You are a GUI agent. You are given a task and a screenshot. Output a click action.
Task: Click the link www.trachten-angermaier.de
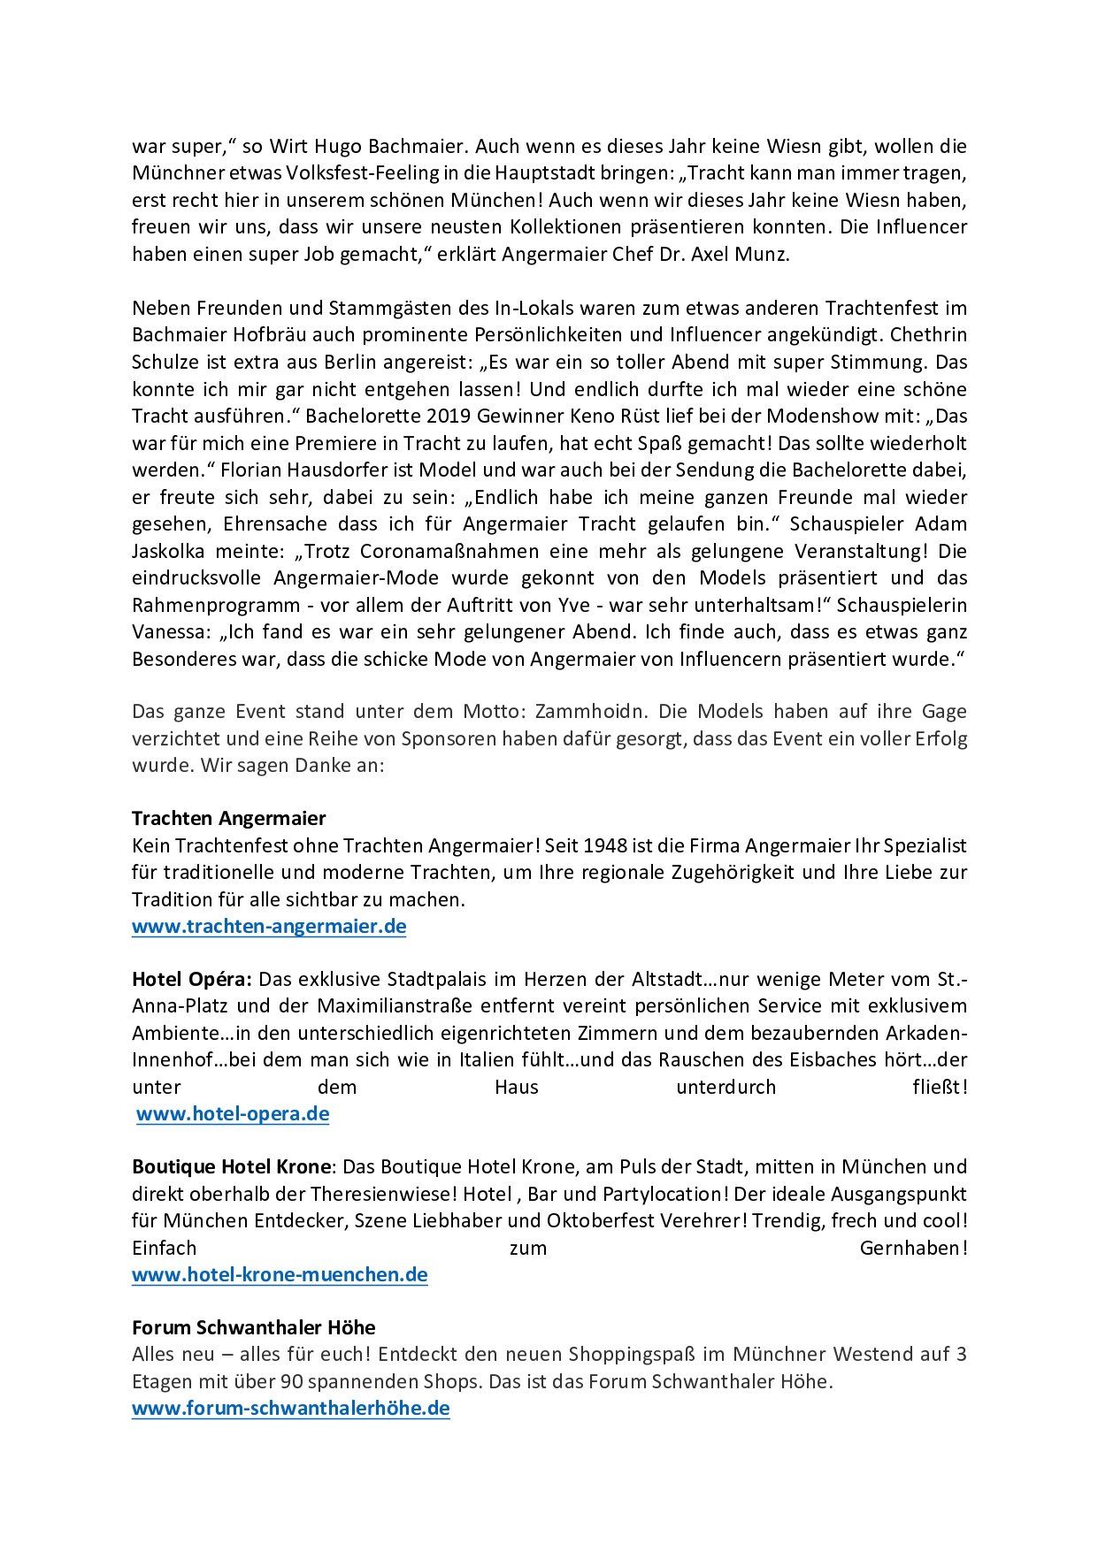(x=269, y=927)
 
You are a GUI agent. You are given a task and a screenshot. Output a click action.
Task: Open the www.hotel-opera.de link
(x=233, y=1113)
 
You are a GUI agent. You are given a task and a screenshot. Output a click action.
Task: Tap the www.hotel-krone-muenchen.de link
(x=280, y=1274)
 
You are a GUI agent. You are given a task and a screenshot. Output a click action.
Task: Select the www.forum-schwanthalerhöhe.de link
(x=290, y=1408)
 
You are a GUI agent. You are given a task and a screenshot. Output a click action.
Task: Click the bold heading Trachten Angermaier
(x=228, y=818)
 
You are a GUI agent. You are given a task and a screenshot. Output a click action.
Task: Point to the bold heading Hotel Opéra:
(x=192, y=979)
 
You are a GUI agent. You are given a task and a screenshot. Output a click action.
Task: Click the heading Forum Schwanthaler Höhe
(x=253, y=1327)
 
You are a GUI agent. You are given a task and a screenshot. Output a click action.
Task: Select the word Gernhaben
(x=912, y=1248)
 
